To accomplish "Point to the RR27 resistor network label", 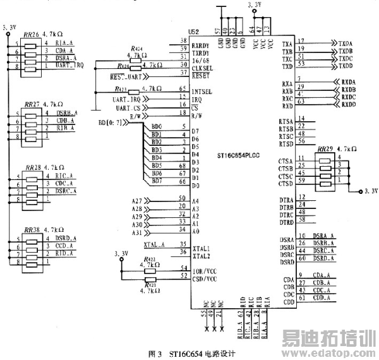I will point(30,104).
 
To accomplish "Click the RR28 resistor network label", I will point(30,169).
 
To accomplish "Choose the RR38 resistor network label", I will point(30,230).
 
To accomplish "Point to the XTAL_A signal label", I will point(153,244).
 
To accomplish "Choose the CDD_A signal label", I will point(322,297).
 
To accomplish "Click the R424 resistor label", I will point(136,49).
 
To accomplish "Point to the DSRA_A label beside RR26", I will point(66,57).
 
